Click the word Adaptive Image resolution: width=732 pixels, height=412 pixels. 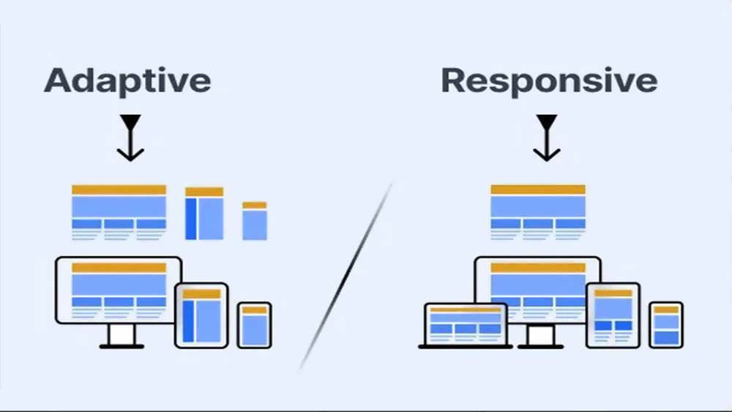point(127,81)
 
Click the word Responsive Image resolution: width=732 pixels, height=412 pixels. point(550,81)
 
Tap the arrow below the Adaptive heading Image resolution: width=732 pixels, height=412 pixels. point(130,138)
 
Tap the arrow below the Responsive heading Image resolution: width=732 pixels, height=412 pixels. point(547,138)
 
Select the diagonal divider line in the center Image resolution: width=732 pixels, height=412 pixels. point(346,275)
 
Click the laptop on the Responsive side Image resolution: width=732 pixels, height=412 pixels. point(466,326)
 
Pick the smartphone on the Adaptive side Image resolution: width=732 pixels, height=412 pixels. point(255,325)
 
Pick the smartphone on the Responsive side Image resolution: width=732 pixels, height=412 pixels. point(666,325)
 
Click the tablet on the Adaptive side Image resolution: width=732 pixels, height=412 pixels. point(202,315)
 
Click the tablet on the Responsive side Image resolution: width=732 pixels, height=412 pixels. point(613,315)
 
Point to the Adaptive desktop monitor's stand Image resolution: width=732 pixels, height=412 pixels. point(122,337)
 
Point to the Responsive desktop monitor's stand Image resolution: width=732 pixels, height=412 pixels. point(541,337)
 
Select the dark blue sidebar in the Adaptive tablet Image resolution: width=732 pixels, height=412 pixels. point(188,321)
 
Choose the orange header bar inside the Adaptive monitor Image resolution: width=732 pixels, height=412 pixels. point(119,267)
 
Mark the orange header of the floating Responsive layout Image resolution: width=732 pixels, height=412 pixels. point(538,190)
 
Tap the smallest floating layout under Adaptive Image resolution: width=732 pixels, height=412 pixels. point(255,221)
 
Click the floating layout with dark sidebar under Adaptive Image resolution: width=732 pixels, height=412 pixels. point(204,213)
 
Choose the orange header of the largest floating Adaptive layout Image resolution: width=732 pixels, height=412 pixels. point(119,190)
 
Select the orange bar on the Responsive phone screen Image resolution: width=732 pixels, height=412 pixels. point(666,310)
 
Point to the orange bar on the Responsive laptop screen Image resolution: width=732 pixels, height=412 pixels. point(466,310)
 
